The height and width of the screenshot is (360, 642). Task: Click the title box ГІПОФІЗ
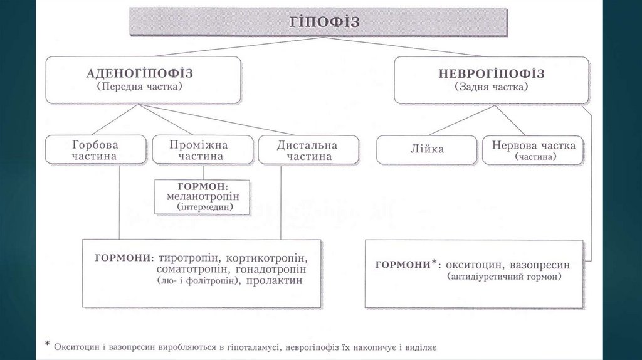(x=318, y=22)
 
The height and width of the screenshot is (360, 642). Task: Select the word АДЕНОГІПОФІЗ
(x=143, y=73)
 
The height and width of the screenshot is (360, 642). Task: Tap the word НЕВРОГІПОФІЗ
(x=491, y=73)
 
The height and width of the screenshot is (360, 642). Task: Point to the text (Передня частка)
(x=143, y=87)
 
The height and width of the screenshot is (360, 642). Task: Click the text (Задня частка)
(x=491, y=87)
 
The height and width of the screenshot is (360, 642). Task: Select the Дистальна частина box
(x=308, y=150)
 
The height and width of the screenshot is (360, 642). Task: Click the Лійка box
(x=426, y=150)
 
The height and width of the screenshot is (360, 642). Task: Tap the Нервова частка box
(x=533, y=150)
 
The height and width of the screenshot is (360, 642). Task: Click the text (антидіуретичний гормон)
(x=505, y=277)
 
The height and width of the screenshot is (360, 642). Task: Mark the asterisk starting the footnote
(x=47, y=344)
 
